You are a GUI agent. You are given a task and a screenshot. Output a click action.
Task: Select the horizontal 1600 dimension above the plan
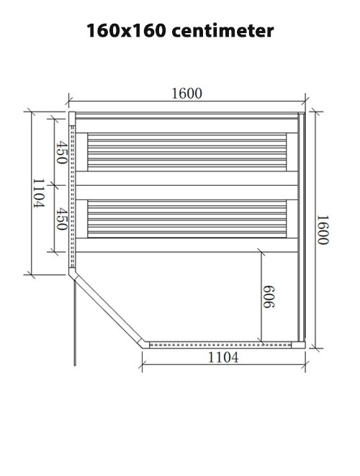coord(186,94)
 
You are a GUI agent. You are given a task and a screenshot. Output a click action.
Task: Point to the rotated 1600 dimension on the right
coord(323,230)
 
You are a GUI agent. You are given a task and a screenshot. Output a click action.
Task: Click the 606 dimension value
coord(269,297)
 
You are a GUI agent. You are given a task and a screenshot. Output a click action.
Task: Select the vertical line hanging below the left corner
coord(73,324)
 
